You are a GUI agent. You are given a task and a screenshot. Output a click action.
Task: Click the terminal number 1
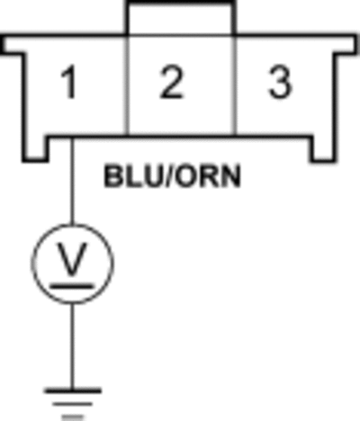point(69,83)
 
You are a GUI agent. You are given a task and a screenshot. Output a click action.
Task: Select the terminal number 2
point(171,83)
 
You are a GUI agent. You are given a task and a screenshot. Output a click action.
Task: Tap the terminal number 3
point(280,83)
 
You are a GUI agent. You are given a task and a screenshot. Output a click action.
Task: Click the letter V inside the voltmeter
point(72,259)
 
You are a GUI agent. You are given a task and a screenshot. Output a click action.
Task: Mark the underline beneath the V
point(71,287)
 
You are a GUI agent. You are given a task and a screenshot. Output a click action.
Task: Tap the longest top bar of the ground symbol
point(73,391)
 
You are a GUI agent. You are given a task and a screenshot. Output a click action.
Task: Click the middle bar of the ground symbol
point(73,404)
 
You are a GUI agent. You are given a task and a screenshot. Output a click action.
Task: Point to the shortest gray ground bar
point(73,417)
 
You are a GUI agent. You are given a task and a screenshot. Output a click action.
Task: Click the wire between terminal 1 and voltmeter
point(72,181)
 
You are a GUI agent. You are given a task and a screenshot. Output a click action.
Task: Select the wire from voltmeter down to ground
point(72,346)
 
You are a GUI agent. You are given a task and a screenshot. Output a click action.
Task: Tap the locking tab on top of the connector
point(180,18)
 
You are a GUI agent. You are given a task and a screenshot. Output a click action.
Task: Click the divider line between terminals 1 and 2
point(128,85)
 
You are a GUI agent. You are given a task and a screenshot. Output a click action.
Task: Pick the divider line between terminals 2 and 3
point(235,85)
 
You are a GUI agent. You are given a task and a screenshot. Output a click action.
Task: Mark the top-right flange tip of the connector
point(356,44)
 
